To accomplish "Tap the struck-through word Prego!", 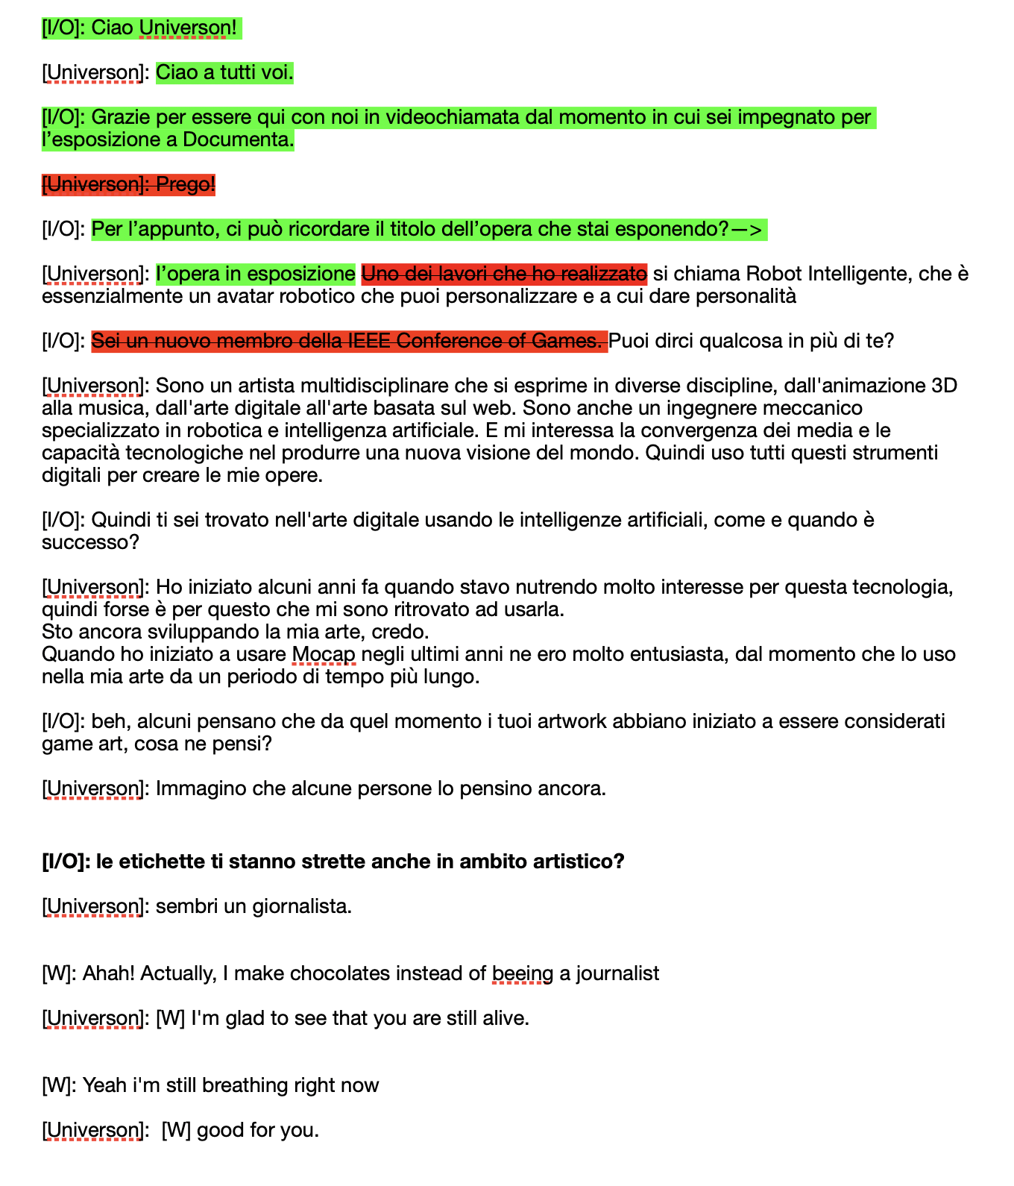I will click(x=186, y=184).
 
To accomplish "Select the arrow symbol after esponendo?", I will click(x=748, y=229).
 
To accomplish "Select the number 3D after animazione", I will click(x=945, y=386).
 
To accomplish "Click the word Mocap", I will click(x=324, y=654).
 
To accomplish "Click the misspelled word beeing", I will click(x=522, y=973).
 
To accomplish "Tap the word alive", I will click(x=507, y=1018).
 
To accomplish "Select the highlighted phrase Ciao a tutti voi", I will click(x=224, y=72).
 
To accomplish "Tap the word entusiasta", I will click(x=678, y=654).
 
